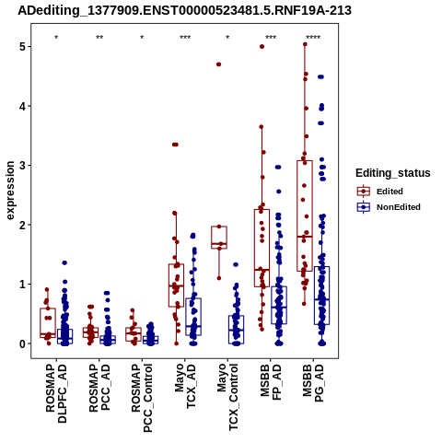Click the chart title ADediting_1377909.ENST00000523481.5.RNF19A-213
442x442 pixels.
[184, 10]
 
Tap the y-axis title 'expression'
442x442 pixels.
[10, 191]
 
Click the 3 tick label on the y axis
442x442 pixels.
[22, 166]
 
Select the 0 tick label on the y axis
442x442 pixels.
[22, 343]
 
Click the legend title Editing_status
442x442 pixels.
[393, 173]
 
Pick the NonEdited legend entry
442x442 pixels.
[389, 207]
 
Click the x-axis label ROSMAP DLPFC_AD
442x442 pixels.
[56, 393]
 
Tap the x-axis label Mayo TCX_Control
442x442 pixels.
[227, 397]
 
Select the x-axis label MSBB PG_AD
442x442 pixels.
[313, 383]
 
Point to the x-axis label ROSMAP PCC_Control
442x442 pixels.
[142, 398]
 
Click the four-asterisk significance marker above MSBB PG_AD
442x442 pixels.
[313, 38]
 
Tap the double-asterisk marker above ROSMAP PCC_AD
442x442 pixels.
[99, 38]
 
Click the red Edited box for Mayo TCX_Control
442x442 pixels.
[219, 238]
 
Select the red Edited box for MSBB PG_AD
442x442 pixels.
[305, 215]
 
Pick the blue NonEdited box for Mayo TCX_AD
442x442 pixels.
[193, 317]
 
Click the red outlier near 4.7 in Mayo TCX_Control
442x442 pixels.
[218, 64]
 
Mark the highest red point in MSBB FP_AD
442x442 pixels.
[262, 47]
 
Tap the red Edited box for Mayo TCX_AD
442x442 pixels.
[177, 285]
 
